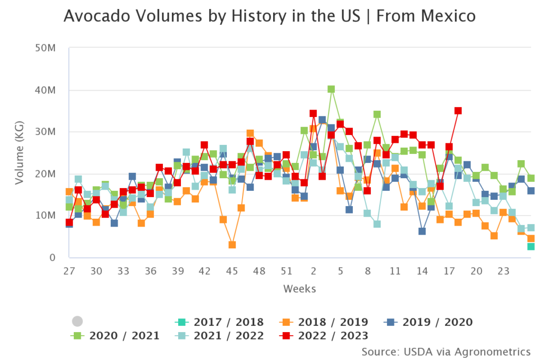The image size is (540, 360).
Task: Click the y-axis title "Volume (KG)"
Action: pos(20,153)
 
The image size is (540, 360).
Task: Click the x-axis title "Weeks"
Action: pos(300,289)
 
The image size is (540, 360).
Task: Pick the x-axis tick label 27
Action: pos(69,270)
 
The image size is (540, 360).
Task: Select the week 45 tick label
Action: pos(232,270)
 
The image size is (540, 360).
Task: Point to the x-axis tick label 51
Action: pos(286,270)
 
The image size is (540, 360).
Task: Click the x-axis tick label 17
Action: pos(449,270)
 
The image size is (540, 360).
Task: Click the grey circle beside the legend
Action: pos(78,321)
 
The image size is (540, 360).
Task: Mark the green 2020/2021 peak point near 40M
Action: pos(331,90)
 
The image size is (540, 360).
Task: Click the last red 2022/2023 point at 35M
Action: pos(458,111)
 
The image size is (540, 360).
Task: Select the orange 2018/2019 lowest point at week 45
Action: pos(232,245)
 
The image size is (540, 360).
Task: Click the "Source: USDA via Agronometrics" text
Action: pos(446,351)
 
